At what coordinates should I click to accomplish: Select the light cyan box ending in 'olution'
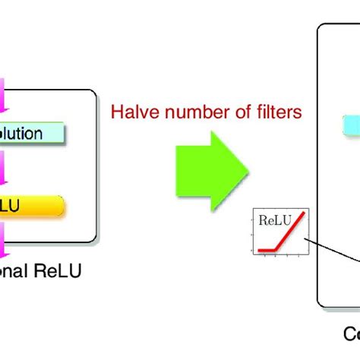click(x=30, y=134)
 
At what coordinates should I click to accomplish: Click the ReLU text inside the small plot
click(x=274, y=221)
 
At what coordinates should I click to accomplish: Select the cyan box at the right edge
click(x=352, y=125)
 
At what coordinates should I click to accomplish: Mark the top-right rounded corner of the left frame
click(x=95, y=93)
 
